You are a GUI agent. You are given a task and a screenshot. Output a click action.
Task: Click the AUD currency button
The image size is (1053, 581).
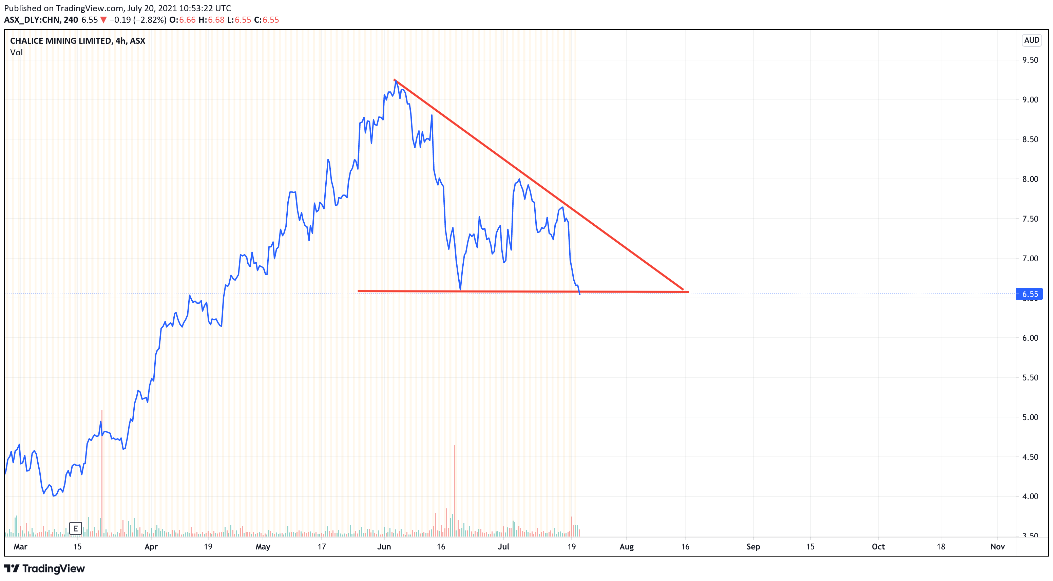1031,40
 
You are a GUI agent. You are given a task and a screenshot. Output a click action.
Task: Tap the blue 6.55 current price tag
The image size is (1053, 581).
1029,294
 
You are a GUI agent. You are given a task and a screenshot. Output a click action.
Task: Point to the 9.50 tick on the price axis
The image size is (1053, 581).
1030,60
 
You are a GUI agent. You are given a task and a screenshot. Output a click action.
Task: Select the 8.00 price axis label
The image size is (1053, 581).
1030,179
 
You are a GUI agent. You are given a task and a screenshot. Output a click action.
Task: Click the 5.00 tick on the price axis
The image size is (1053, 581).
1030,417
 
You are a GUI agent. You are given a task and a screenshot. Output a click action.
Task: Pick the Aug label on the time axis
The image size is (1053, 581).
626,547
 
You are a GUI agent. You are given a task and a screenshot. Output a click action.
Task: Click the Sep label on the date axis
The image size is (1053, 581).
753,547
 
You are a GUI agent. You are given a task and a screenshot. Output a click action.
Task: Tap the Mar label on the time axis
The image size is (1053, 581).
20,547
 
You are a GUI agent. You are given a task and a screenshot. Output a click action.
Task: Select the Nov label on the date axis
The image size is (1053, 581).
997,547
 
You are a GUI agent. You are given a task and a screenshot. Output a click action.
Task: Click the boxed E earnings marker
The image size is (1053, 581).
76,528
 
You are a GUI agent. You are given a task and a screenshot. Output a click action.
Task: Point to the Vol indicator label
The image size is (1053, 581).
16,52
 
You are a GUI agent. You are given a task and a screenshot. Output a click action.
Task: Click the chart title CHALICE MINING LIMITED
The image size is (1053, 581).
60,40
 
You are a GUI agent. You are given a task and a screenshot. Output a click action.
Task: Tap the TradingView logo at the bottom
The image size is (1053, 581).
44,568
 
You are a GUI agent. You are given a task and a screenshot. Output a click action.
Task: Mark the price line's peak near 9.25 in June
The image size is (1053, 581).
396,80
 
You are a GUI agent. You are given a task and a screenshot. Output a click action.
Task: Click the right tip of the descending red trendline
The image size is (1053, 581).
683,289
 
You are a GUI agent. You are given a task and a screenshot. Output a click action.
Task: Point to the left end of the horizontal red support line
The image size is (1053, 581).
359,291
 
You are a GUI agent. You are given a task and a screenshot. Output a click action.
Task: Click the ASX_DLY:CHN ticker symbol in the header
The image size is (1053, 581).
32,20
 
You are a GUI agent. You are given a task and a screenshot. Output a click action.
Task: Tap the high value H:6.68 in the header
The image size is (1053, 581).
211,20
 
